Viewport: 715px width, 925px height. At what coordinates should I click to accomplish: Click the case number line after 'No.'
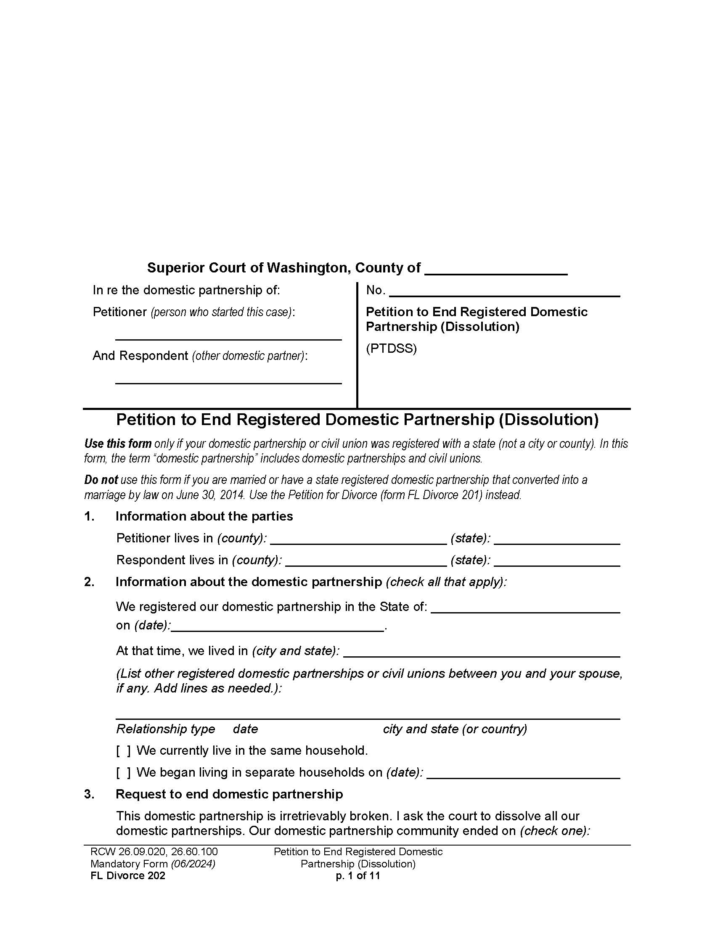point(504,292)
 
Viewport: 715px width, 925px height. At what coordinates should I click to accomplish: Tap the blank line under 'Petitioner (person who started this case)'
point(228,335)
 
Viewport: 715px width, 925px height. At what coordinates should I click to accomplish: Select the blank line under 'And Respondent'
point(228,379)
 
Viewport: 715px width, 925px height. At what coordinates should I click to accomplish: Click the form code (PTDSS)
point(391,349)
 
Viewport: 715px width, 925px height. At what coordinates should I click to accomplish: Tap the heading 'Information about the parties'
point(204,516)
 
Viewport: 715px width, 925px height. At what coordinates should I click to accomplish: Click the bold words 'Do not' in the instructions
point(101,480)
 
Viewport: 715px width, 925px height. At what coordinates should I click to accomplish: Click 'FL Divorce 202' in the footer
point(127,875)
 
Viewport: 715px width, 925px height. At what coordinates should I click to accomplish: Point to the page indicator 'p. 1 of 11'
point(357,875)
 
